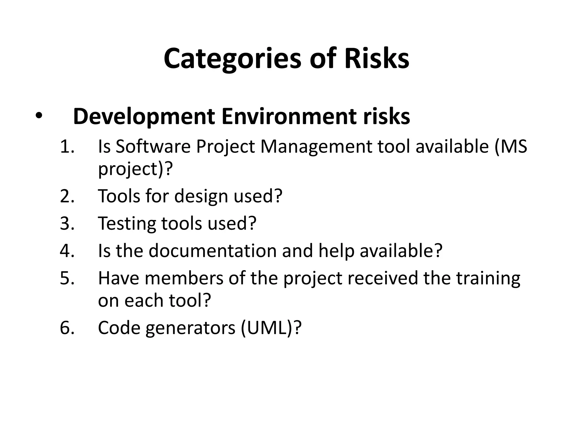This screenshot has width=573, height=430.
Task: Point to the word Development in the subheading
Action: [x=144, y=117]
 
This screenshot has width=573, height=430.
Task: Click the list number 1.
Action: [x=67, y=147]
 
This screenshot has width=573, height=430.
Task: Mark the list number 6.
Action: [x=67, y=327]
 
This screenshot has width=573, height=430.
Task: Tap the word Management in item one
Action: [x=316, y=147]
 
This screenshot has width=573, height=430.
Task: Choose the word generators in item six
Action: [x=190, y=328]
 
